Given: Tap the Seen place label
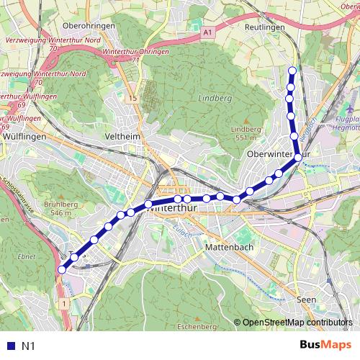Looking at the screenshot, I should [305, 300].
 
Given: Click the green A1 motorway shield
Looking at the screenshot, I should [208, 32].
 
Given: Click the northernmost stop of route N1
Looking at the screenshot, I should [292, 70].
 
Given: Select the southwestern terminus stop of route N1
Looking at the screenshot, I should [61, 269].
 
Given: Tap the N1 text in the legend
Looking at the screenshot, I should [29, 346].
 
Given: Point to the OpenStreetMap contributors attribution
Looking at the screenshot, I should [297, 322].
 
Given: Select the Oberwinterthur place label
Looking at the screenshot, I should [278, 154].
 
